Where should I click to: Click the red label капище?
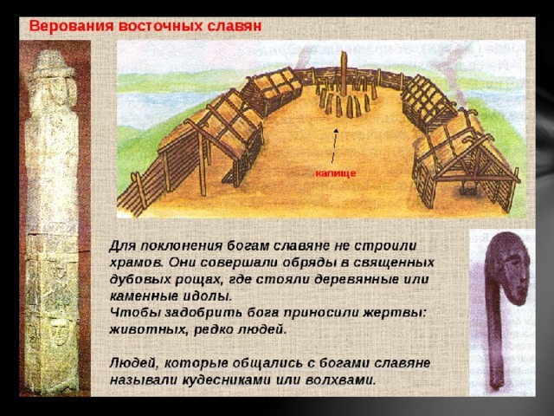(335, 173)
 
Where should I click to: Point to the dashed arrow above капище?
(334, 146)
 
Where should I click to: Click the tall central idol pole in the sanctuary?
(344, 74)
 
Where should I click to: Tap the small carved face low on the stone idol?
(59, 331)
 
